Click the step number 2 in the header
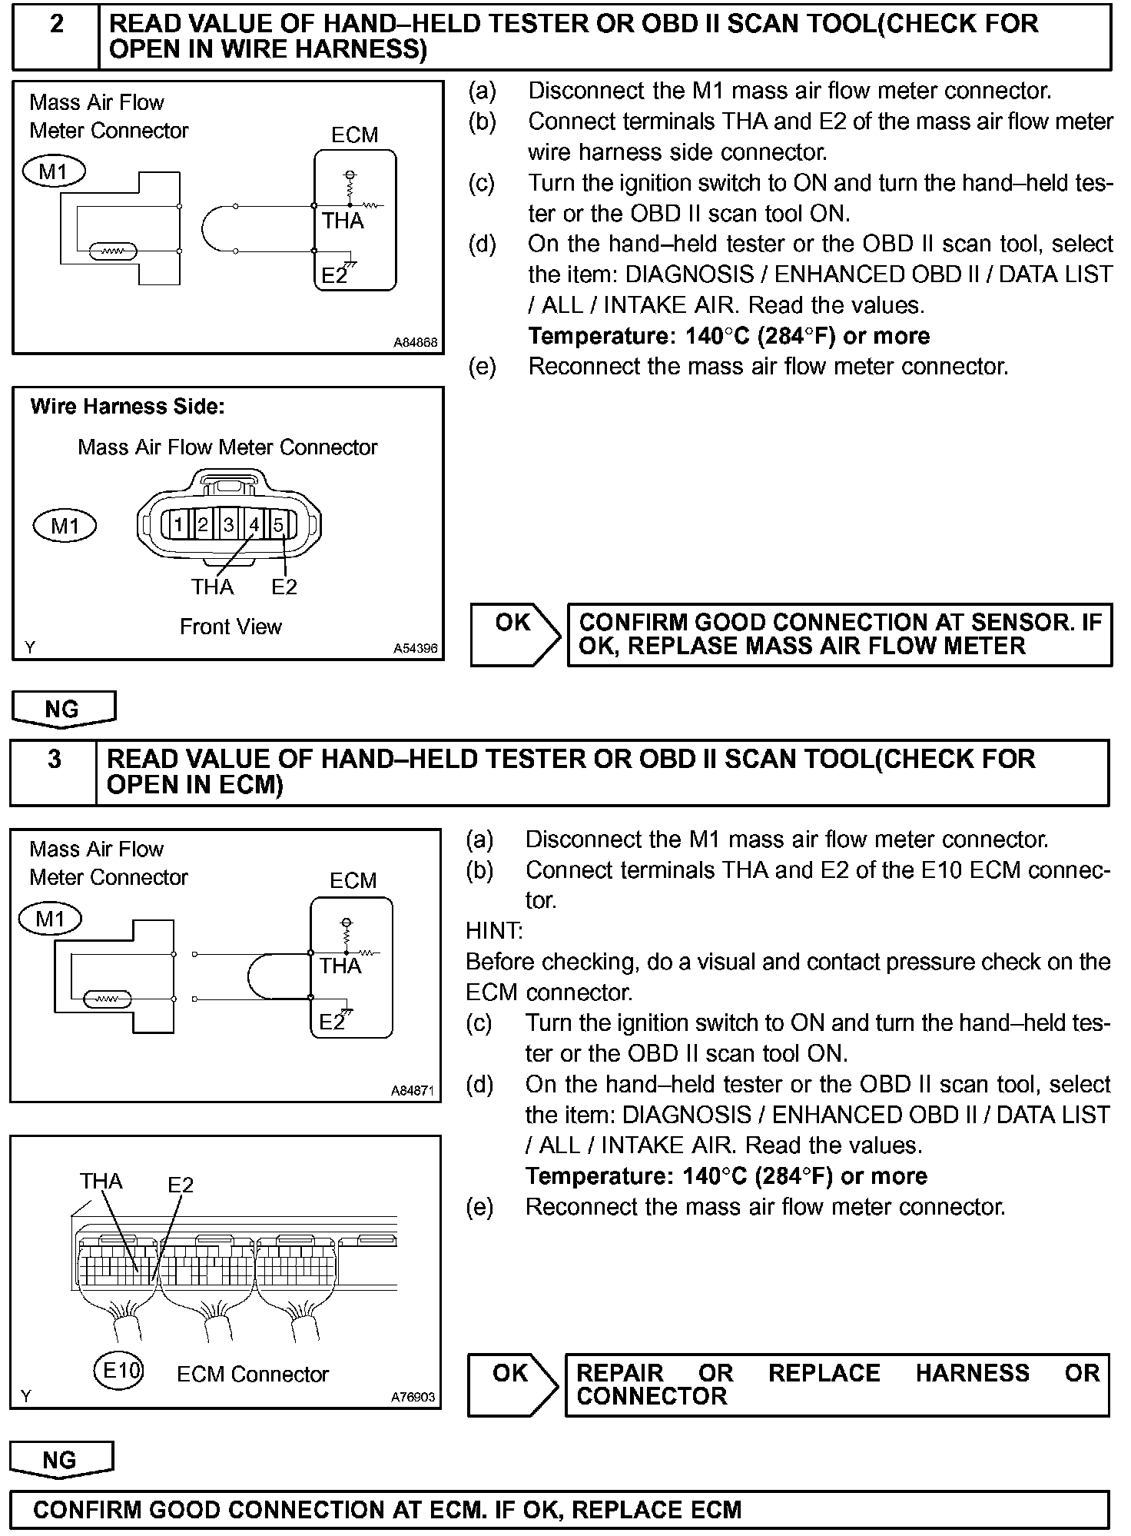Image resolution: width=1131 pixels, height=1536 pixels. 56,25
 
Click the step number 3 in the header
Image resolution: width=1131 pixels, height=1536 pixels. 54,760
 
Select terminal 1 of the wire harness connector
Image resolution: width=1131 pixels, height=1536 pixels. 177,525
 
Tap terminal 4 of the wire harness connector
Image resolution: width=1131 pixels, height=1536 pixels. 254,525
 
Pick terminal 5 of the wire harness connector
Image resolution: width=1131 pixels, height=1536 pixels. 279,525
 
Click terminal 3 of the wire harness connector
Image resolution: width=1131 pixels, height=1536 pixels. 228,525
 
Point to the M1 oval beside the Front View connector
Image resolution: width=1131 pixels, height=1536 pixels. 65,526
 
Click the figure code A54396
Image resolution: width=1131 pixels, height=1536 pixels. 416,649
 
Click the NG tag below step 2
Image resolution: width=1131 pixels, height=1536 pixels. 63,709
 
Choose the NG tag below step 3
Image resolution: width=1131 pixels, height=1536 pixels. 61,1460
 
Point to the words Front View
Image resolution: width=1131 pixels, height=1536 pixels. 231,627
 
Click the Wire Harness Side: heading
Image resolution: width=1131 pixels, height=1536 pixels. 128,407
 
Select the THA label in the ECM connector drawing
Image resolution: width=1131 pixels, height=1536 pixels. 101,1182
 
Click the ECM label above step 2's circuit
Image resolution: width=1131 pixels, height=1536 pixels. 355,135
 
